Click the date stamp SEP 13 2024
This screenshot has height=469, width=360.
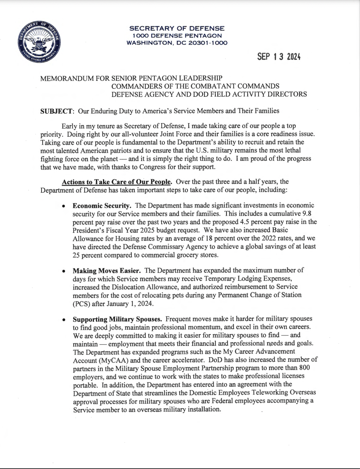pyautogui.click(x=278, y=57)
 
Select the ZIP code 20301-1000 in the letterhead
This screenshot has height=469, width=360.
pyautogui.click(x=207, y=43)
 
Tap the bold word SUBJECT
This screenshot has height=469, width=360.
pyautogui.click(x=56, y=111)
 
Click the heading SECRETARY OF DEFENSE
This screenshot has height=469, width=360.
pyautogui.click(x=177, y=28)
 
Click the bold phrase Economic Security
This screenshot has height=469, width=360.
pyautogui.click(x=102, y=205)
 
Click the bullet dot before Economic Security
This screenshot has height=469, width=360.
pyautogui.click(x=65, y=206)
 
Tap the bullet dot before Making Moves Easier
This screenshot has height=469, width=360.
pyautogui.click(x=65, y=271)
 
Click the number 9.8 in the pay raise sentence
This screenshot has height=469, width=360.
pyautogui.click(x=312, y=213)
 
